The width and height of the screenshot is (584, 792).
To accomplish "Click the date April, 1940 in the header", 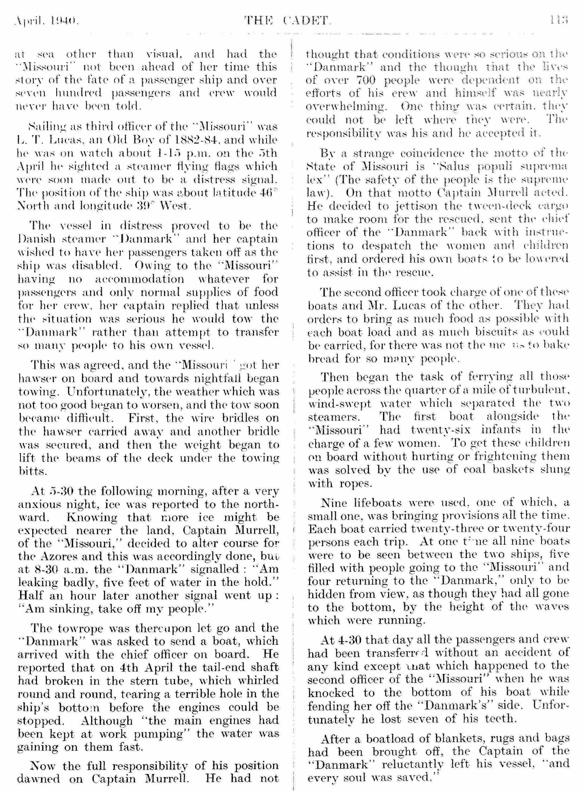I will click(x=45, y=21).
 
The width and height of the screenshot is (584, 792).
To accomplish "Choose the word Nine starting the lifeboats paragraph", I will click(x=333, y=502).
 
